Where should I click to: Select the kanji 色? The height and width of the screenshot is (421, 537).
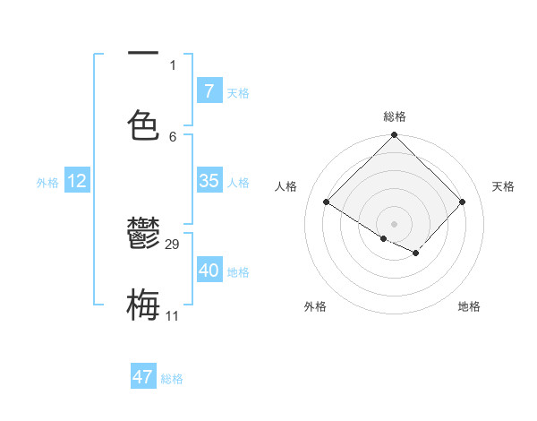143,125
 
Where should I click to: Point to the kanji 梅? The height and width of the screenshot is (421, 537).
143,305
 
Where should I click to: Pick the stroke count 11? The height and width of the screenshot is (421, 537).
173,316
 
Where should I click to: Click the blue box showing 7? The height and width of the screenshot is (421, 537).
209,91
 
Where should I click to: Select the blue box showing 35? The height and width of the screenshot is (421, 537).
209,181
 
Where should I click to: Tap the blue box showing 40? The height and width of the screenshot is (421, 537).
209,271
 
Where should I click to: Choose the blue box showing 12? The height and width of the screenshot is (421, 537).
77,181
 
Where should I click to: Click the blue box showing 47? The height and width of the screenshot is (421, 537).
143,377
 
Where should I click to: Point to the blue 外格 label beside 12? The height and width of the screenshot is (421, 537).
47,183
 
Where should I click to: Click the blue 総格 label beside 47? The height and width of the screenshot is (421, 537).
172,379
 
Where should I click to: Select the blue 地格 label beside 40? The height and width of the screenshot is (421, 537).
238,272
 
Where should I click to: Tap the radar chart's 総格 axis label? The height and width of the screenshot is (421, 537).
395,116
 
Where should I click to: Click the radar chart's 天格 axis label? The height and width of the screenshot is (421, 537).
503,186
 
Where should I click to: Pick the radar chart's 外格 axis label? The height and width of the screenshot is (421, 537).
315,306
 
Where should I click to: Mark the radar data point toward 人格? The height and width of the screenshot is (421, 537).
327,202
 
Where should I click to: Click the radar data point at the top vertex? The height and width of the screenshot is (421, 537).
394,136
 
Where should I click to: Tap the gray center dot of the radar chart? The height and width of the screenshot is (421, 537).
394,223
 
